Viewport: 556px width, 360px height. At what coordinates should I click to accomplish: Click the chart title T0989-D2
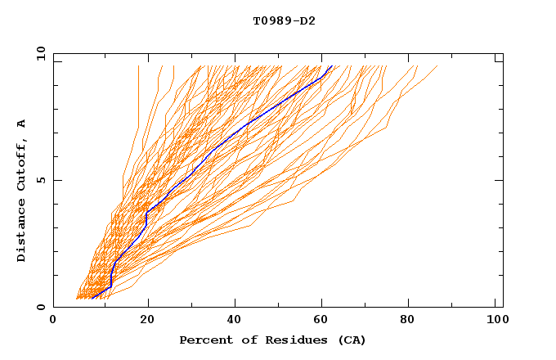tap(284, 21)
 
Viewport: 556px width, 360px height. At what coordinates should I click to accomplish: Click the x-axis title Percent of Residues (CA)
tap(272, 340)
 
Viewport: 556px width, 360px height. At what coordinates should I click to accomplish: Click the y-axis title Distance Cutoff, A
tap(22, 191)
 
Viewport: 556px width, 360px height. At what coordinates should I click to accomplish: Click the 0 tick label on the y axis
tap(41, 307)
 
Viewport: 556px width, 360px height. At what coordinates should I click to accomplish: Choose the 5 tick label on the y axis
tap(41, 180)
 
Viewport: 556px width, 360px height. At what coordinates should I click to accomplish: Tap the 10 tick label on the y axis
tap(39, 53)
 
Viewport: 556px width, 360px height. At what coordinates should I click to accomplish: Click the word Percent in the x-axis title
tap(203, 340)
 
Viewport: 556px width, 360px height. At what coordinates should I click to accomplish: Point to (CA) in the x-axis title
tap(352, 340)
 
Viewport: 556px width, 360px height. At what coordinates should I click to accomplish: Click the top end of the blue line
tap(331, 66)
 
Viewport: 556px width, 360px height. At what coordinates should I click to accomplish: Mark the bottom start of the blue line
tap(92, 298)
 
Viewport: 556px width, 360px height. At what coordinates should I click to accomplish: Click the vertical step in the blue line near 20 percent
tap(146, 218)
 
